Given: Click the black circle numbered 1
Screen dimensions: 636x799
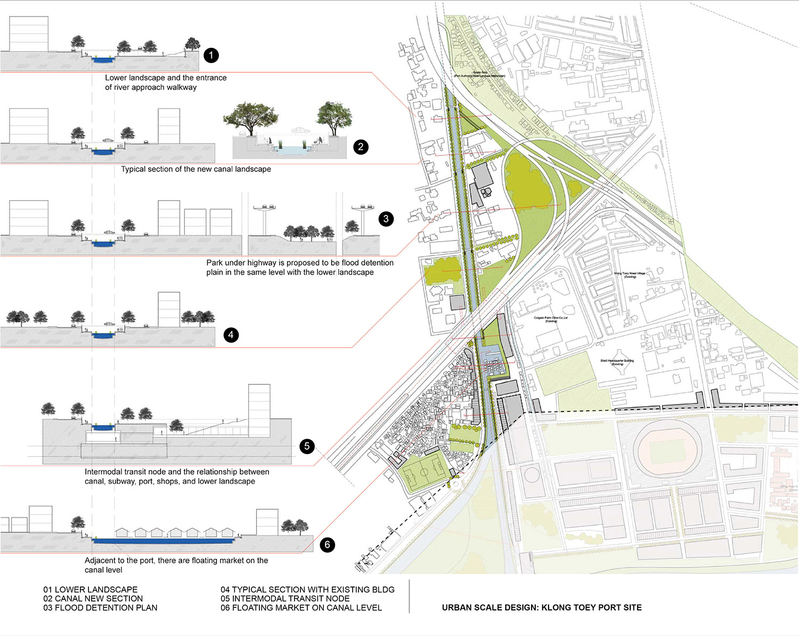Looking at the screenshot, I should tap(211, 55).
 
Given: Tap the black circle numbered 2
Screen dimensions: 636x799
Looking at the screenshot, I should tap(361, 147).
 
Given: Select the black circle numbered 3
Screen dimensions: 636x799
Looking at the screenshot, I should tap(386, 219).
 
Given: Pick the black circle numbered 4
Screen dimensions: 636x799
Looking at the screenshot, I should tap(231, 335).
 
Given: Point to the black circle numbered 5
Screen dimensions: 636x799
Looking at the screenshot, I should tap(307, 446).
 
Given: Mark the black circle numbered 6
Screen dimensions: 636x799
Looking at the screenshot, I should tap(327, 544).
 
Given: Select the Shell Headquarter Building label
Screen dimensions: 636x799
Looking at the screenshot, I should tap(617, 362).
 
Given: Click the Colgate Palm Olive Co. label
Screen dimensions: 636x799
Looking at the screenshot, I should tap(551, 319).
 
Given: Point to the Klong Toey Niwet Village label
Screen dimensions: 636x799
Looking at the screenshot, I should tap(630, 275).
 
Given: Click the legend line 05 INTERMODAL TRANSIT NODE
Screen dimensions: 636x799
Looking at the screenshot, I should tap(285, 599).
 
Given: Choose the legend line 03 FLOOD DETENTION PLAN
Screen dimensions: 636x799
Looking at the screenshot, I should tap(100, 608).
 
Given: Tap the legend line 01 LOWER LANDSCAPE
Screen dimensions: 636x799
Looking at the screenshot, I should tap(90, 590).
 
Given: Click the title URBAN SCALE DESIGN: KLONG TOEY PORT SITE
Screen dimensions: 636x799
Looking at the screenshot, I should tap(542, 608).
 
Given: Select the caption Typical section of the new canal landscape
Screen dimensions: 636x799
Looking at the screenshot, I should tap(195, 169).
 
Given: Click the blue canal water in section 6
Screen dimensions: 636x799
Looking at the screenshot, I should tap(163, 541).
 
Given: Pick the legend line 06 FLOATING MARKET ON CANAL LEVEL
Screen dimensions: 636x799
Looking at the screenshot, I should tap(301, 608).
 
